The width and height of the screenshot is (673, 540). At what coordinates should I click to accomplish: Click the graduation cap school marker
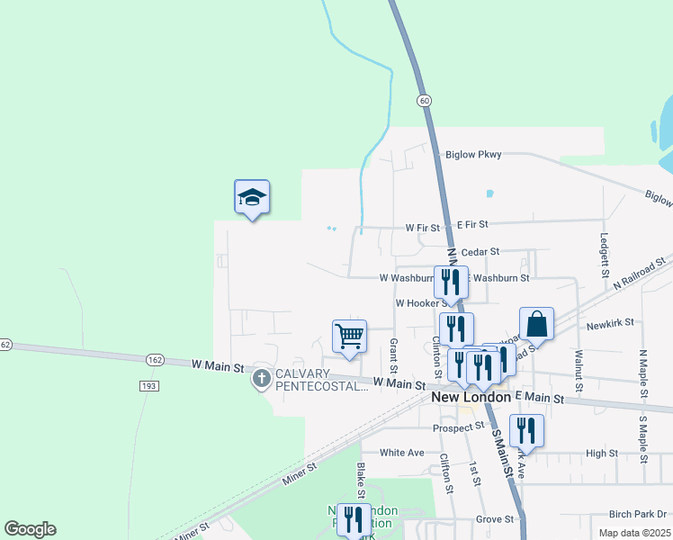[252, 198]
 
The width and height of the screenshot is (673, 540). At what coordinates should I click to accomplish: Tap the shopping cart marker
[349, 337]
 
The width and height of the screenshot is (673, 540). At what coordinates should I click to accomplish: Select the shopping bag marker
[536, 324]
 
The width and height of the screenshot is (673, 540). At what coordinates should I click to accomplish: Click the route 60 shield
[423, 100]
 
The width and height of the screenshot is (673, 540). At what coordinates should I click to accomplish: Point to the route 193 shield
[149, 385]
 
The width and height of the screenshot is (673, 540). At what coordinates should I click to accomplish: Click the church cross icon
[262, 379]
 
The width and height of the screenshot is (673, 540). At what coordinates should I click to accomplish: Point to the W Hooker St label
[422, 303]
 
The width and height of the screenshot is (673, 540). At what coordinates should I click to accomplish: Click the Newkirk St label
[610, 321]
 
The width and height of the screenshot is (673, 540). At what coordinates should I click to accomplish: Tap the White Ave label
[401, 453]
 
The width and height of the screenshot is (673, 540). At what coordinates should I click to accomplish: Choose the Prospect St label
[458, 427]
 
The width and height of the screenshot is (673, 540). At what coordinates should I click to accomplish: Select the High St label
[601, 454]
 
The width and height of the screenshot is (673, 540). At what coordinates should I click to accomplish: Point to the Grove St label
[495, 519]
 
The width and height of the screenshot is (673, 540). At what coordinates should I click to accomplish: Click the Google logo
[30, 529]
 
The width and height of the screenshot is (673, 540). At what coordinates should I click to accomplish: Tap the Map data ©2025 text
[634, 533]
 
